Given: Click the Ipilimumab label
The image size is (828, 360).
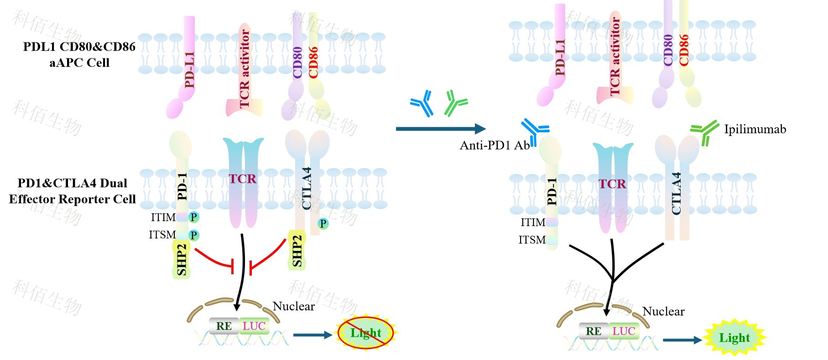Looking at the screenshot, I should [x=755, y=130].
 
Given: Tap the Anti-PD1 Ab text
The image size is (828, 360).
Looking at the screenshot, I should [x=495, y=146].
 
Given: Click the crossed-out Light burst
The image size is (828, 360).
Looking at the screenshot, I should [x=365, y=333].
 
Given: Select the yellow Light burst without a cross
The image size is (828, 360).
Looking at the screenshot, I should [x=734, y=338].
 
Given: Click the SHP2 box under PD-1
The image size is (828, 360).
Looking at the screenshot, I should [x=182, y=259].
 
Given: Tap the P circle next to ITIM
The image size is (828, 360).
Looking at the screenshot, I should [x=194, y=217].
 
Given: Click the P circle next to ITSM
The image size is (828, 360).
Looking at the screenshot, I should [x=194, y=235].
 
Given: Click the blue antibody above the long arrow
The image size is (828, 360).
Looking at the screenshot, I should [x=422, y=103].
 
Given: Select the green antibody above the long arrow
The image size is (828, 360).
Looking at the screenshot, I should [x=455, y=102].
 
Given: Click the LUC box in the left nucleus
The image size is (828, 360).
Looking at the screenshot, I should [x=254, y=326].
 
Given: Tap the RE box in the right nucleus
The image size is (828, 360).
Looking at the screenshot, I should [x=594, y=331].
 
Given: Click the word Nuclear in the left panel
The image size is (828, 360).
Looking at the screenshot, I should [x=293, y=306].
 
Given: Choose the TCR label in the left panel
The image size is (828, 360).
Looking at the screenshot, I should [x=243, y=178].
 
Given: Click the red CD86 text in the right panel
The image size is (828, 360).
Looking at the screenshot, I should [x=683, y=50].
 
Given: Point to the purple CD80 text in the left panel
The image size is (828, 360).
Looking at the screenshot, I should [x=297, y=63].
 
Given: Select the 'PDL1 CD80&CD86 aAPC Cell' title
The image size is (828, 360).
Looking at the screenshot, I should [x=79, y=54].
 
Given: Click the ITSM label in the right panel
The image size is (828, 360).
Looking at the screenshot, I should [x=532, y=240].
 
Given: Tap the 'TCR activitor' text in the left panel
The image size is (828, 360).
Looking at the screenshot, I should [x=245, y=68].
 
